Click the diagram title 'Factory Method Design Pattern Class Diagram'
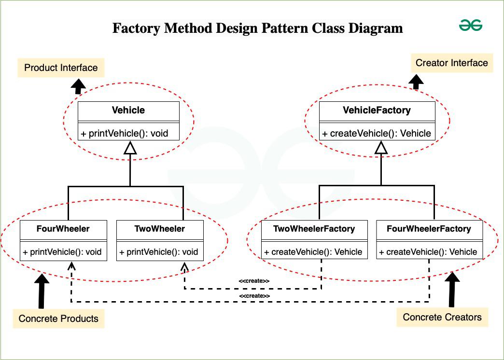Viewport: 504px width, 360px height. point(257,28)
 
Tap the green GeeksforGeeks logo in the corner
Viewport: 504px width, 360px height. point(471,26)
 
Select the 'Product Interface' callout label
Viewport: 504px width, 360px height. point(61,68)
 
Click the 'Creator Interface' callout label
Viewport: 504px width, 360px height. point(451,63)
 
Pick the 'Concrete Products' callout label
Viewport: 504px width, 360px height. point(58,318)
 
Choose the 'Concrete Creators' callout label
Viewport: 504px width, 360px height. point(442,317)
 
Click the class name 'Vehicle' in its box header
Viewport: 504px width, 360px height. point(128,110)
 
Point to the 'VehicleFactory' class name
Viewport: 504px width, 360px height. point(377,110)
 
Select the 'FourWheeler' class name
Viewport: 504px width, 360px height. point(63,228)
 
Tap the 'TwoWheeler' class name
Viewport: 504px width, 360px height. point(159,228)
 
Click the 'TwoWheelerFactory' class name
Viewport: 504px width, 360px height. point(314,228)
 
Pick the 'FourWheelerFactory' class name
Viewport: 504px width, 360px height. point(429,228)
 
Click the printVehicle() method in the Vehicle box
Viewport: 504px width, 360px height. point(125,133)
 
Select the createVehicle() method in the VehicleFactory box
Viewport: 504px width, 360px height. point(377,133)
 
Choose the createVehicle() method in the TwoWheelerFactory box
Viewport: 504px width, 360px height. point(313,251)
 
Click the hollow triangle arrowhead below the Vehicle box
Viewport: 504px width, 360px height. point(130,148)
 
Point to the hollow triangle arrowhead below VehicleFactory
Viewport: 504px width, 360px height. point(381,148)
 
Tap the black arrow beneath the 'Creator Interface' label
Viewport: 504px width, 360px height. point(416,82)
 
